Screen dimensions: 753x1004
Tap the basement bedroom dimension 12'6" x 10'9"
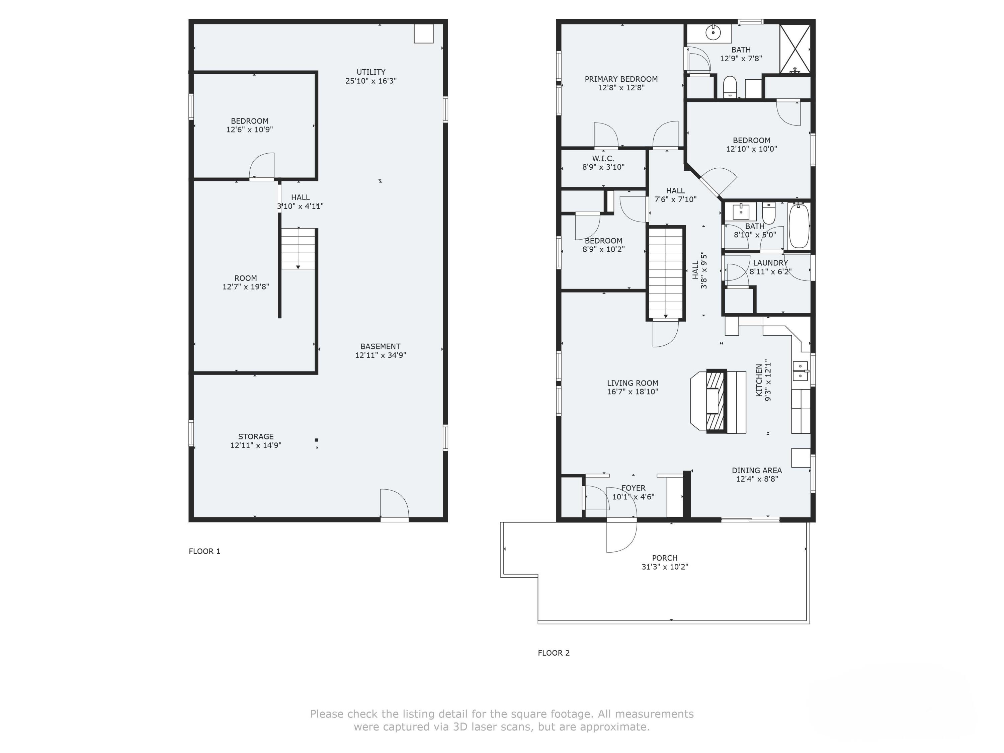[x=249, y=130]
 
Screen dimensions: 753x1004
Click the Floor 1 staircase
[x=298, y=249]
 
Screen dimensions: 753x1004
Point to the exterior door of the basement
[x=394, y=505]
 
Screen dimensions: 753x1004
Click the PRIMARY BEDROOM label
[x=621, y=79]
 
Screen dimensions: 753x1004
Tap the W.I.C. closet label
[x=603, y=158]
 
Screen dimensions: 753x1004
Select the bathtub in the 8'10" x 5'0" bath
[x=799, y=226]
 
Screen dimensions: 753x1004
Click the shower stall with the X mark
[x=795, y=49]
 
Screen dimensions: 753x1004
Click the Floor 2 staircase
[x=665, y=272]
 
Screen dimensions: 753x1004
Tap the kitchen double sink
[x=800, y=371]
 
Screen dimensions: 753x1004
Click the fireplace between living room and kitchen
[x=715, y=401]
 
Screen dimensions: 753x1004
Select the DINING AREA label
[x=757, y=471]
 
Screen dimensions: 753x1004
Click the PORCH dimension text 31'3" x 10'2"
[x=665, y=567]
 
